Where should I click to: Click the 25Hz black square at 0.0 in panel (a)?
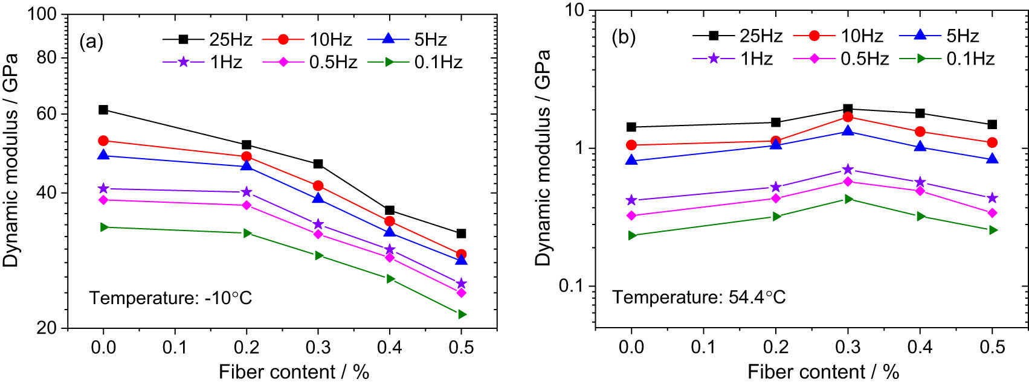(103, 110)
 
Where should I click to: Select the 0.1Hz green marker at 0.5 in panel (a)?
(462, 314)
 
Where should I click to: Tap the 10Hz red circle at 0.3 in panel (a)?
(318, 186)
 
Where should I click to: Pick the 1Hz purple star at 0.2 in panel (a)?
(247, 192)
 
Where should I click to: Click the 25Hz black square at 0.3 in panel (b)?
(848, 109)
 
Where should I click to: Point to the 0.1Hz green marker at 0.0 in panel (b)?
(632, 235)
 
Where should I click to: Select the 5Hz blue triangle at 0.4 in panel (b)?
(920, 147)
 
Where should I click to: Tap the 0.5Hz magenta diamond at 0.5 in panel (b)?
(992, 213)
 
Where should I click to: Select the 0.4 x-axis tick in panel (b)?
(920, 347)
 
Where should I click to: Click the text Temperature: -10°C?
(170, 298)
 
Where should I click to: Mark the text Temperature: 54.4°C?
(698, 297)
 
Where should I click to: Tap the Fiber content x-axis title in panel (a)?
(294, 372)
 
